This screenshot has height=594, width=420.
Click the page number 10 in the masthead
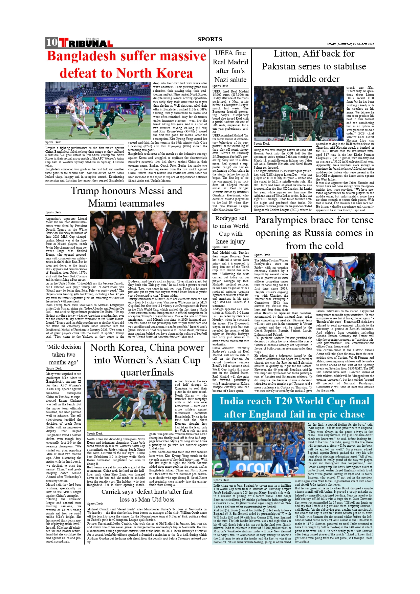tap(52, 42)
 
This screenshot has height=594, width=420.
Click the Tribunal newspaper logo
tap(86, 43)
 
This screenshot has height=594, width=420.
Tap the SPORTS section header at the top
tap(210, 39)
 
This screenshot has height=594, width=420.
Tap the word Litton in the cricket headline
tap(286, 54)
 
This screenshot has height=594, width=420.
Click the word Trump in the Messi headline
tap(85, 191)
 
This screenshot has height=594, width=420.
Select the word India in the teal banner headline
tap(235, 401)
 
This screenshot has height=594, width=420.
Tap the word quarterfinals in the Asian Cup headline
tap(147, 373)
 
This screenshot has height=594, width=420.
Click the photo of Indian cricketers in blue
tap(259, 449)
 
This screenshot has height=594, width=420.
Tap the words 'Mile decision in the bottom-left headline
tap(64, 347)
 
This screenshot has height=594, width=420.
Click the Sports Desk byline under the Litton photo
tap(262, 144)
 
